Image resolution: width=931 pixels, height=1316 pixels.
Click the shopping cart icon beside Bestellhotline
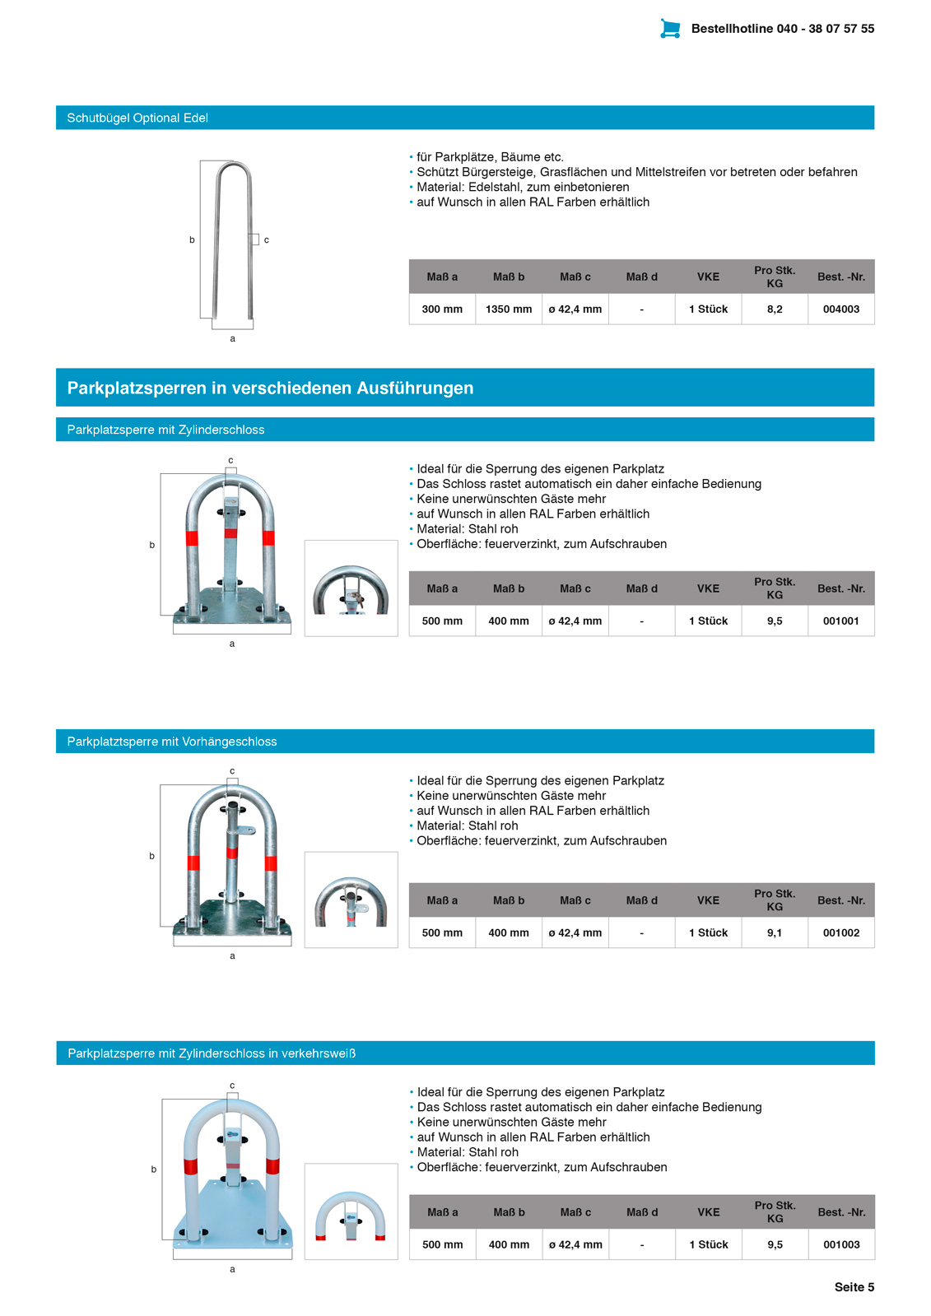pyautogui.click(x=670, y=29)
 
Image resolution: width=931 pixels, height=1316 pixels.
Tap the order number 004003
pyautogui.click(x=840, y=309)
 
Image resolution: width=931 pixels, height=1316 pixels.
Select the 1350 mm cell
pyautogui.click(x=509, y=309)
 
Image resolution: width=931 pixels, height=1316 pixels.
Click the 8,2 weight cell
pyautogui.click(x=775, y=309)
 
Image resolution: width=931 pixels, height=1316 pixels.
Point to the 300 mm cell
pyautogui.click(x=442, y=309)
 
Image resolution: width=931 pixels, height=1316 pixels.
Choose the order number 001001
pyautogui.click(x=840, y=621)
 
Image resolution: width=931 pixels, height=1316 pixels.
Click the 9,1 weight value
pyautogui.click(x=775, y=933)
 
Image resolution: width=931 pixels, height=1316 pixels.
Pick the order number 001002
pyautogui.click(x=840, y=933)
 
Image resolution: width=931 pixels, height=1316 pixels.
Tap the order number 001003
pyautogui.click(x=841, y=1245)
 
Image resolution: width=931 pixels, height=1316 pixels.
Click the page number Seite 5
pyautogui.click(x=854, y=1287)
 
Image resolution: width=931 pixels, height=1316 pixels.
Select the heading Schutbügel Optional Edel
pyautogui.click(x=137, y=118)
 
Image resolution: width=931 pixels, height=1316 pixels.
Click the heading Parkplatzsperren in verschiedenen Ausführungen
pyautogui.click(x=270, y=388)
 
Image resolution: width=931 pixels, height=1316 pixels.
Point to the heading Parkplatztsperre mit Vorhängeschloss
pyautogui.click(x=172, y=742)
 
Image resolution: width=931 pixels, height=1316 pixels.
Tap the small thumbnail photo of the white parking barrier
pyautogui.click(x=351, y=1211)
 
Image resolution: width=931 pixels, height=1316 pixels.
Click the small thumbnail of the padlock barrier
pyautogui.click(x=351, y=900)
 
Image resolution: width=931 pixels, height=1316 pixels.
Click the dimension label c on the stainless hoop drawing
pyautogui.click(x=267, y=240)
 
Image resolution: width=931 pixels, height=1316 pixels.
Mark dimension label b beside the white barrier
pyautogui.click(x=154, y=1170)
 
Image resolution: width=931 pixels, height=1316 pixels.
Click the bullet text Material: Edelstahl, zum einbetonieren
pyautogui.click(x=523, y=187)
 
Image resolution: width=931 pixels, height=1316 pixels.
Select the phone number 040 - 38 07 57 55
pyautogui.click(x=825, y=29)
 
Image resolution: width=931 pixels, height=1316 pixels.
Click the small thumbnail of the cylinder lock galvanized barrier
pyautogui.click(x=351, y=588)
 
